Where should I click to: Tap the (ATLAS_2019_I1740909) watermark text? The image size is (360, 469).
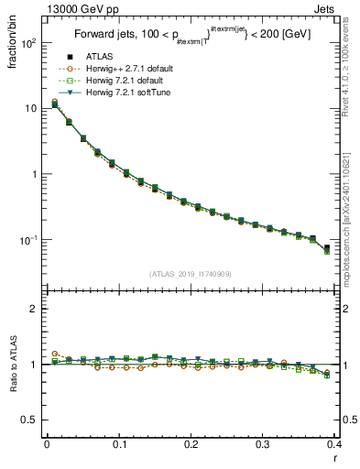pyautogui.click(x=189, y=273)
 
